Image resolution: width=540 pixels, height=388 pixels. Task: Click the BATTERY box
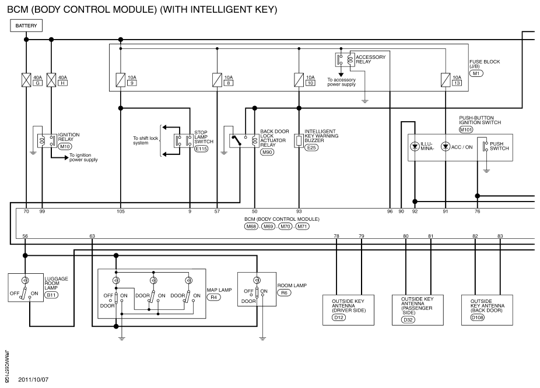[26, 26]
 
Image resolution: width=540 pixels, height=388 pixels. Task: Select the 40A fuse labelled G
[26, 80]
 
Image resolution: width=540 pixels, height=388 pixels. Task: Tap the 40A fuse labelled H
[51, 80]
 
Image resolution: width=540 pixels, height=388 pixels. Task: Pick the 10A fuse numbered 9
[121, 80]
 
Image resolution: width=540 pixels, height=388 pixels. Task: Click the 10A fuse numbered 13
[446, 80]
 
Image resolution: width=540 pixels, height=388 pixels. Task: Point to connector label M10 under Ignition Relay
[65, 147]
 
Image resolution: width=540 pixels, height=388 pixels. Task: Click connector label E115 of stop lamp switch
[201, 149]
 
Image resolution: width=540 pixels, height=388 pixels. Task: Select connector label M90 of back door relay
[267, 152]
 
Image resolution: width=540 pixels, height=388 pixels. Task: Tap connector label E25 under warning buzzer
[311, 147]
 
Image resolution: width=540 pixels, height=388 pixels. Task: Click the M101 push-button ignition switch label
[466, 129]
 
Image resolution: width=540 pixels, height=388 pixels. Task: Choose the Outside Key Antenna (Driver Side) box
[348, 310]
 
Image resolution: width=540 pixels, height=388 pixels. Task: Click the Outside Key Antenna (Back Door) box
[487, 310]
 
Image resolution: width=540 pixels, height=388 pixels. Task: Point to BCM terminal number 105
[121, 211]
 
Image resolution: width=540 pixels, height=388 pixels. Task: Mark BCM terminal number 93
[299, 211]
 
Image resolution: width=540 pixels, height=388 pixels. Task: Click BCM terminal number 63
[92, 236]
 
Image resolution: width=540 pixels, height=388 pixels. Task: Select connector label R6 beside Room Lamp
[284, 292]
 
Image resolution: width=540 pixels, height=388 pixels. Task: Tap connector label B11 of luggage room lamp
[52, 295]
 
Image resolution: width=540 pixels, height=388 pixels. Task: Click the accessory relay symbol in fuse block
[345, 59]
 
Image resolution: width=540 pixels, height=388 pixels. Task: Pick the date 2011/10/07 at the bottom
[33, 380]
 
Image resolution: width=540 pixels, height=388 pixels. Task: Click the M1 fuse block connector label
[476, 73]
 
